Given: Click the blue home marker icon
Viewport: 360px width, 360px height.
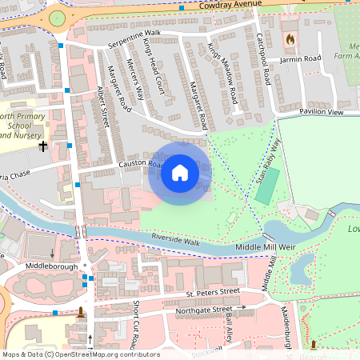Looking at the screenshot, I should click(x=180, y=173).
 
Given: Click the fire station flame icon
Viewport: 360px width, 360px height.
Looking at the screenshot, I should click(x=289, y=38).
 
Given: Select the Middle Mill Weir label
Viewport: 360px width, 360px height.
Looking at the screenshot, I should click(x=265, y=248).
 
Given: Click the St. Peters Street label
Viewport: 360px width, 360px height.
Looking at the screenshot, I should click(x=207, y=293).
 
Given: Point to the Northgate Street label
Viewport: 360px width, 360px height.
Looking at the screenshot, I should click(x=204, y=309).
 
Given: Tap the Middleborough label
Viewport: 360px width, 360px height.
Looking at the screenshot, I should click(x=50, y=264).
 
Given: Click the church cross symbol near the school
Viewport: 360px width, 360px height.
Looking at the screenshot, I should click(x=43, y=147).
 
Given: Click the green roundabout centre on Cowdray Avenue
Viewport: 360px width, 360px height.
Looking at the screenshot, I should click(x=57, y=18).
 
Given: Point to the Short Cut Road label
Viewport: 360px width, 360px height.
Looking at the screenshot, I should click(x=137, y=324).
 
